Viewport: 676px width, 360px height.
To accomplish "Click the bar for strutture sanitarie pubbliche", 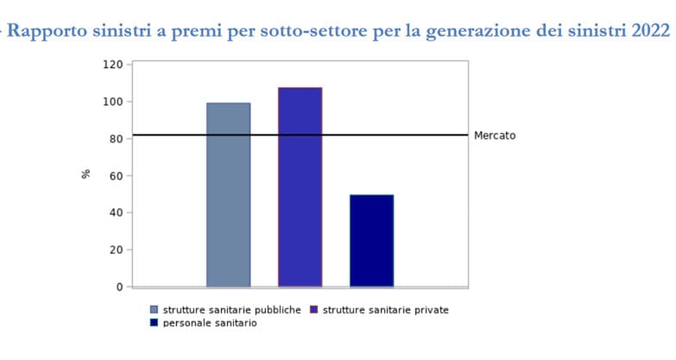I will point(228,194).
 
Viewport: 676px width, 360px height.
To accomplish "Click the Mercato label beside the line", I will point(495,136).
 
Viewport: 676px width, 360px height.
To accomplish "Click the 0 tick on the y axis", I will point(119,287).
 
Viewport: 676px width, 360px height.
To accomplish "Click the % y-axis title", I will point(85,174).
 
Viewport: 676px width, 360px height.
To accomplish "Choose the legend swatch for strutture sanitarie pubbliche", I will point(155,309).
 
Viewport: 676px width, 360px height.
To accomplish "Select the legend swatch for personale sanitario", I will point(155,323).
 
